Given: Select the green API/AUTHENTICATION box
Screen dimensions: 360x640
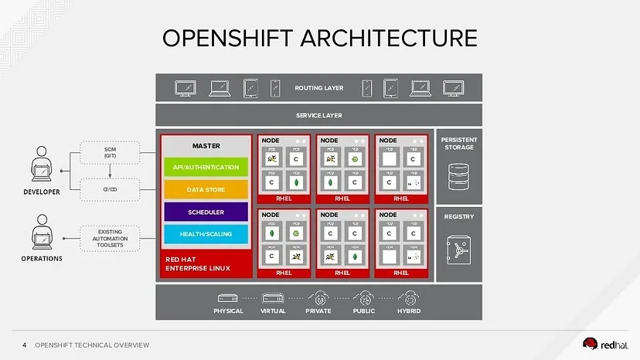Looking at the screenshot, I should click(206, 166).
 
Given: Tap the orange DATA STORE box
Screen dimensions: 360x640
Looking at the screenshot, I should click(206, 188).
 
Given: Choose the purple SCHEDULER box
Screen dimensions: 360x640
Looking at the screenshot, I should click(206, 211).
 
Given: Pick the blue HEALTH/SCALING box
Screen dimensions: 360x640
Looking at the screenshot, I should click(206, 233).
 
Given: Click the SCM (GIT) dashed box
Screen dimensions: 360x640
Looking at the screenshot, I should click(109, 152).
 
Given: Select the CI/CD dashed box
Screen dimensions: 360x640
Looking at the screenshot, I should click(109, 188).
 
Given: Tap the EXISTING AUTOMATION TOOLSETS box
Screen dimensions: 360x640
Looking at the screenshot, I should click(109, 237).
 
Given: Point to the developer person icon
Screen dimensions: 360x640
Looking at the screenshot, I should click(39, 168).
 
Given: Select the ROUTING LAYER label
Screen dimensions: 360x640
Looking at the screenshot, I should click(318, 88).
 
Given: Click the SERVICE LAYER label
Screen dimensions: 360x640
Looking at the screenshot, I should click(318, 115).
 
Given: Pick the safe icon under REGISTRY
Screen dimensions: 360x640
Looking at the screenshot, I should click(459, 250).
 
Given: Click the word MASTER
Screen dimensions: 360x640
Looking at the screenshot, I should click(206, 145).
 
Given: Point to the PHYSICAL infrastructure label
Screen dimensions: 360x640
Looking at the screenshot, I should click(228, 311).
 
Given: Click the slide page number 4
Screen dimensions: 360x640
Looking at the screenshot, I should click(24, 345).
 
